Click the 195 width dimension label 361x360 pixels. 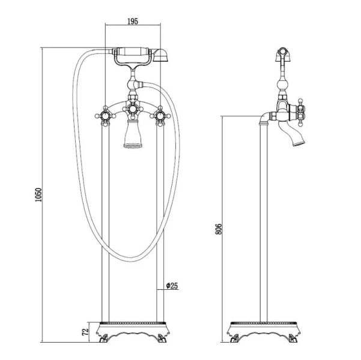point(133,21)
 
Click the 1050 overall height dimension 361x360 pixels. point(38,195)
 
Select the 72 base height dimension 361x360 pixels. point(85,331)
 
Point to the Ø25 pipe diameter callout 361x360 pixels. point(172,286)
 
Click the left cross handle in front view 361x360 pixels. point(105,116)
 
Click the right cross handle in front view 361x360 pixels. point(160,116)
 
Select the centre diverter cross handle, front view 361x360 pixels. point(132,109)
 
